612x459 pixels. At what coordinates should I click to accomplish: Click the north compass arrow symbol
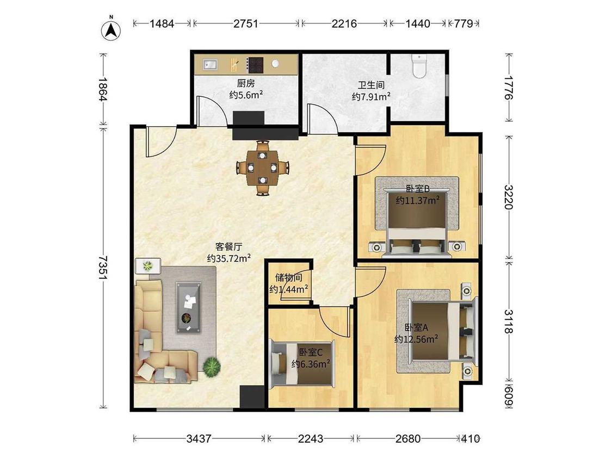click(111, 30)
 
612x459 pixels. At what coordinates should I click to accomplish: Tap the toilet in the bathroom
click(419, 66)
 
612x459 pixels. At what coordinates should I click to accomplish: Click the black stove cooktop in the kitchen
click(256, 65)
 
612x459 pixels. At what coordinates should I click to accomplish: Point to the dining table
click(262, 168)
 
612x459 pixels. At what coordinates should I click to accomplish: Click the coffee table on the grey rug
click(189, 308)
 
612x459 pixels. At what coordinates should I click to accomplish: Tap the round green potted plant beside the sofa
click(212, 367)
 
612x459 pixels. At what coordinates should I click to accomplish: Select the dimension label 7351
click(102, 268)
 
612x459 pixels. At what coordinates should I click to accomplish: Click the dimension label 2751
click(246, 24)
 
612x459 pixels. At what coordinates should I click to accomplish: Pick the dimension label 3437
click(199, 439)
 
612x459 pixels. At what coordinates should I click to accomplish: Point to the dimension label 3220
click(508, 197)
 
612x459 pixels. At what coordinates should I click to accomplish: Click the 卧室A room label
click(416, 328)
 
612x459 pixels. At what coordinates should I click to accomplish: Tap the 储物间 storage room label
click(289, 278)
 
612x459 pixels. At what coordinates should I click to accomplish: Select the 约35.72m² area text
click(228, 258)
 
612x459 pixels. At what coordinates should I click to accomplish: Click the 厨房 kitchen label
click(246, 83)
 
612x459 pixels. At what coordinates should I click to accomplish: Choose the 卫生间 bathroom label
click(371, 85)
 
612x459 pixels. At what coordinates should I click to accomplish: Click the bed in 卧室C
click(303, 363)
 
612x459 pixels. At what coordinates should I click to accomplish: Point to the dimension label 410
click(471, 439)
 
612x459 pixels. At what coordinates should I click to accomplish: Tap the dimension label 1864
click(102, 89)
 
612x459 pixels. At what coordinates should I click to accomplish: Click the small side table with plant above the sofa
click(148, 266)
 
